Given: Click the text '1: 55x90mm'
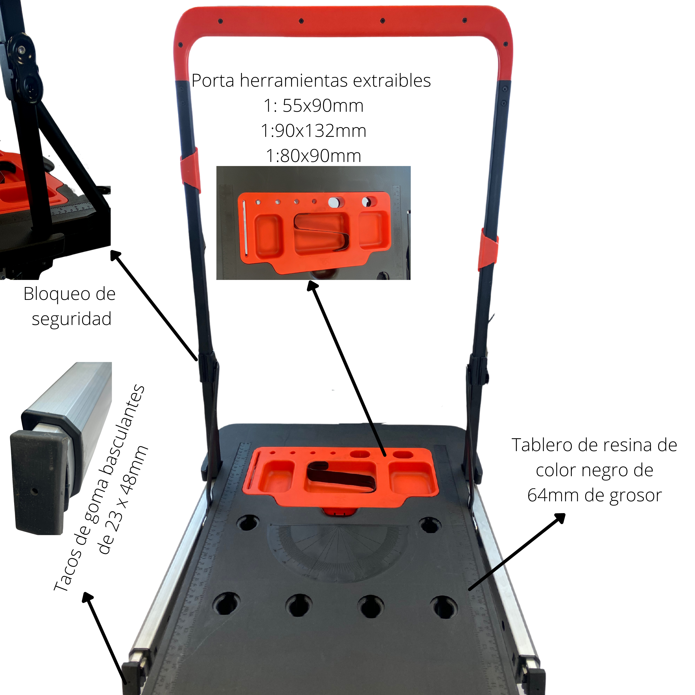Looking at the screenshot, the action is (x=313, y=106).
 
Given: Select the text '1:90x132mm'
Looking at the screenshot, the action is (x=313, y=131).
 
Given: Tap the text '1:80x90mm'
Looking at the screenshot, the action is (x=313, y=156).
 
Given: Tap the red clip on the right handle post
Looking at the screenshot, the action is (x=488, y=249).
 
